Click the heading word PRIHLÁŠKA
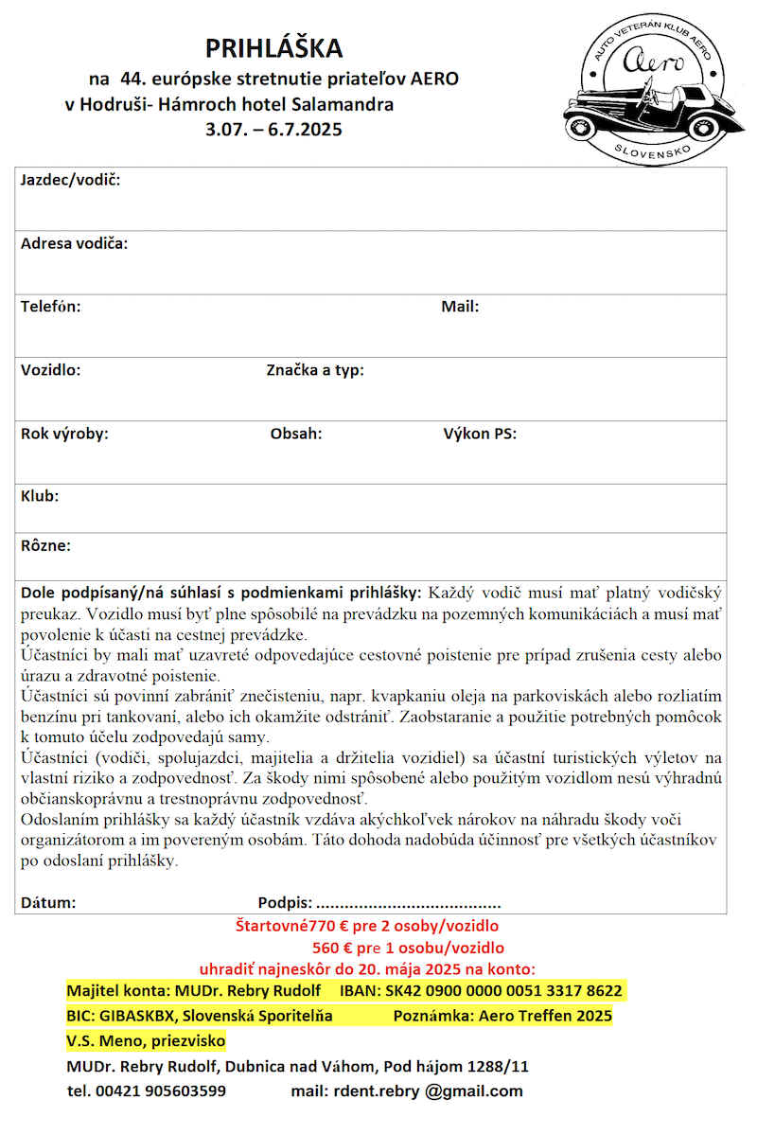tap(274, 48)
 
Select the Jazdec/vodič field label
tap(70, 181)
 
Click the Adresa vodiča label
tap(74, 243)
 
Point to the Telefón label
tap(50, 307)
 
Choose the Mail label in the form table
tap(460, 307)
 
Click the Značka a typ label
tap(315, 370)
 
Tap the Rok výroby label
tap(64, 434)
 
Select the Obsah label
tap(296, 434)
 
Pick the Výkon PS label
tap(479, 434)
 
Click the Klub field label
tap(40, 496)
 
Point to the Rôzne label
tap(45, 545)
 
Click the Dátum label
tap(48, 903)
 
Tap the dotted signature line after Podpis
tap(409, 903)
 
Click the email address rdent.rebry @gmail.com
tap(427, 1091)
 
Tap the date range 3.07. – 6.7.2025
tap(273, 130)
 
